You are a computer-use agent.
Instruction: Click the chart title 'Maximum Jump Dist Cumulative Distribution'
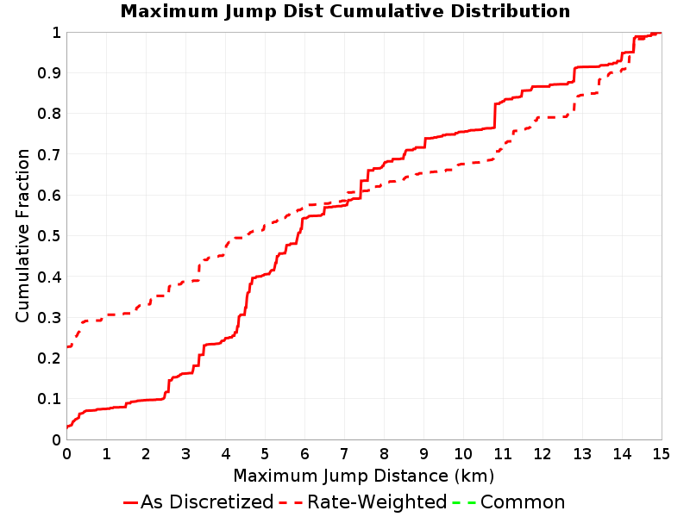point(345,11)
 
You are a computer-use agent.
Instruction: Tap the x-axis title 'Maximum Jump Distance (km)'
point(363,476)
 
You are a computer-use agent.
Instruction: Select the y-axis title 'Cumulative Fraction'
point(22,235)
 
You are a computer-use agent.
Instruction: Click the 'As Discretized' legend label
point(207,501)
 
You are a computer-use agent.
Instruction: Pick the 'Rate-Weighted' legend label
point(377,501)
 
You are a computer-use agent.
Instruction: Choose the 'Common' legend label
point(523,501)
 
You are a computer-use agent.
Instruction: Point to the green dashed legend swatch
point(464,502)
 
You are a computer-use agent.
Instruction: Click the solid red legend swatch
point(131,502)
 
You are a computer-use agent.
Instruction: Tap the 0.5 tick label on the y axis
point(49,236)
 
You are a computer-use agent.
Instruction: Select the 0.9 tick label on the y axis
point(49,73)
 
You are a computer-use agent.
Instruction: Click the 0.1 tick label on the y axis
point(49,399)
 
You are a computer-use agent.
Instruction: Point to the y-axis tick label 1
point(56,33)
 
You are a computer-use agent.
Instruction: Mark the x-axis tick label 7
point(344,454)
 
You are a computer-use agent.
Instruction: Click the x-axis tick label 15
point(661,454)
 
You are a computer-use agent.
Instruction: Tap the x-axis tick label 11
point(503,454)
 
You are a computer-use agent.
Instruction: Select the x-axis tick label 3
point(185,454)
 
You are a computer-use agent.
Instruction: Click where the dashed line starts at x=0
point(67,346)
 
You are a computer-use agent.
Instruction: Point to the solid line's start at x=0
point(67,427)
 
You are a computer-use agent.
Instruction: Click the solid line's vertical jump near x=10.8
point(495,115)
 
